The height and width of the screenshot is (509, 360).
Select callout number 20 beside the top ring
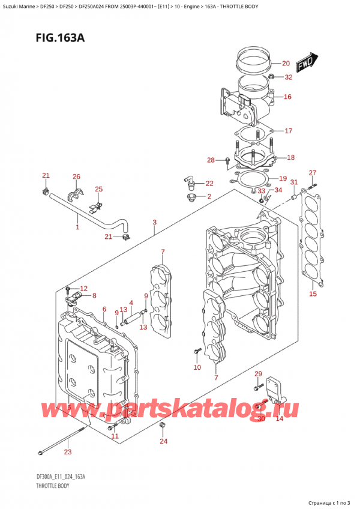pyautogui.click(x=285, y=63)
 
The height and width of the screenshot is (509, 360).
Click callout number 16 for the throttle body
pyautogui.click(x=287, y=97)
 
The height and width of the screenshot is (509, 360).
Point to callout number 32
pyautogui.click(x=288, y=77)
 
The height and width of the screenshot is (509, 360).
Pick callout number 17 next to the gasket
pyautogui.click(x=288, y=131)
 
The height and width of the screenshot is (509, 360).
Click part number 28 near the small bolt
pyautogui.click(x=211, y=160)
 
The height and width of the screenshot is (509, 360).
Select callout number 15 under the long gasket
pyautogui.click(x=312, y=294)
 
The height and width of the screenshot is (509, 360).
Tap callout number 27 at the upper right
pyautogui.click(x=312, y=173)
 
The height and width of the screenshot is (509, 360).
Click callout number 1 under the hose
pyautogui.click(x=77, y=227)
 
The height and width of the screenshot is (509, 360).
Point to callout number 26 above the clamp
pyautogui.click(x=76, y=176)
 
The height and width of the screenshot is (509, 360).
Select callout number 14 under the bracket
pyautogui.click(x=279, y=418)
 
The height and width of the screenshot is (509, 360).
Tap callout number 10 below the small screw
pyautogui.click(x=197, y=367)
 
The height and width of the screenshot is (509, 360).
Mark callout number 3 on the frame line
pyautogui.click(x=155, y=223)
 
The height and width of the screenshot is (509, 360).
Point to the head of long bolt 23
pyautogui.click(x=41, y=451)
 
